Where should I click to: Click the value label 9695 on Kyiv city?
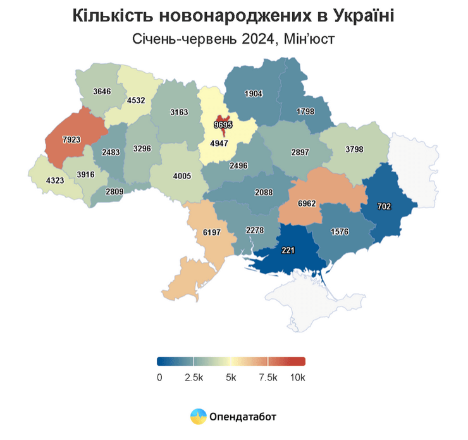(223, 125)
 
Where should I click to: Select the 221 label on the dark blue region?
(288, 250)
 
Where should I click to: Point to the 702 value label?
(385, 206)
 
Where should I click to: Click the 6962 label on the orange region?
(310, 204)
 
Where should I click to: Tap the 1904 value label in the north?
(253, 94)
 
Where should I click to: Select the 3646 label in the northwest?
(102, 91)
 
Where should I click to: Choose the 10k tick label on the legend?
(297, 378)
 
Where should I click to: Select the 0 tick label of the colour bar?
(159, 378)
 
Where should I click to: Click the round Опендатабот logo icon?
(199, 416)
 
